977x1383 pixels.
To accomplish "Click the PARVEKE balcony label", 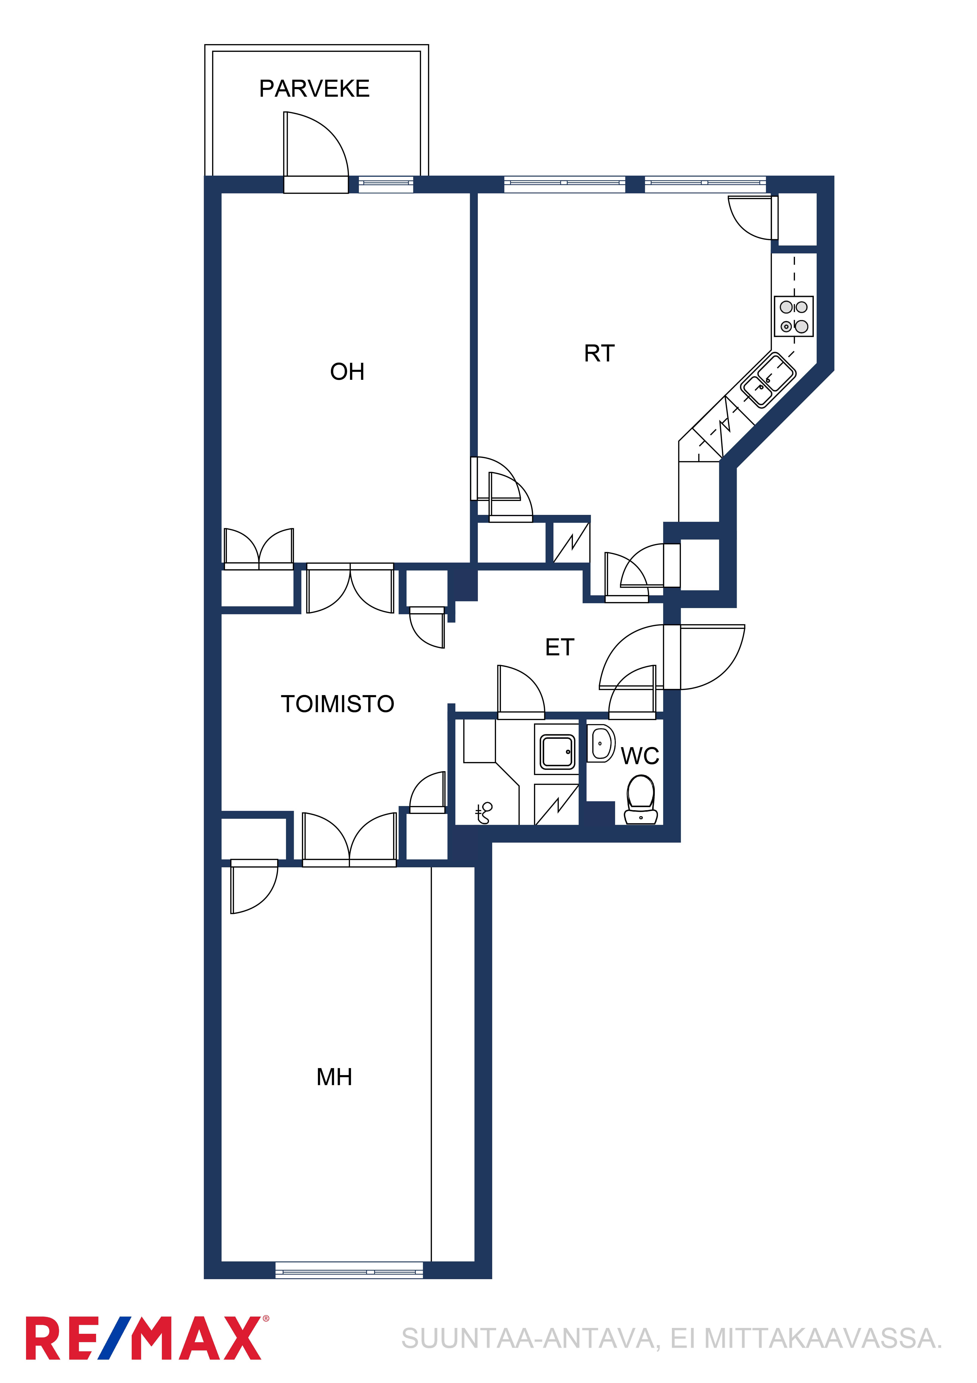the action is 314,89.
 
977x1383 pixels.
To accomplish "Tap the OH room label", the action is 347,372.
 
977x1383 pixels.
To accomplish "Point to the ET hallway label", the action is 560,648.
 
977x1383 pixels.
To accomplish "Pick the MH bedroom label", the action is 334,1077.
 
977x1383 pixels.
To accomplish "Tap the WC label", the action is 640,756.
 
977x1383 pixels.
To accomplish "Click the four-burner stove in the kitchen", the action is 793,316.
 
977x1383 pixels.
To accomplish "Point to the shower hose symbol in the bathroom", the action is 483,813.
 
